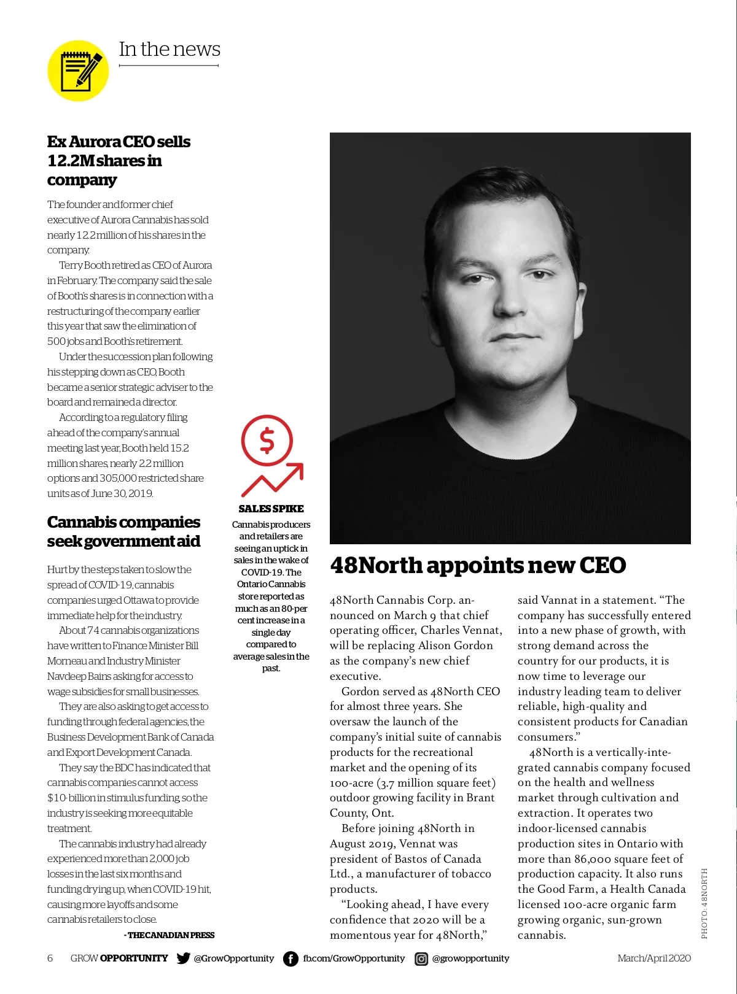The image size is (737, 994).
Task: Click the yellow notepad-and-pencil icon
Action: point(78,71)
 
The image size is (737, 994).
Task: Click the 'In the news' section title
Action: point(170,49)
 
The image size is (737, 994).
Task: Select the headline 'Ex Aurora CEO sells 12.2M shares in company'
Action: point(119,161)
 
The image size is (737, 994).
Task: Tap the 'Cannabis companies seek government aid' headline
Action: point(123,531)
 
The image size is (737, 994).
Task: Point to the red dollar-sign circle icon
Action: point(267,441)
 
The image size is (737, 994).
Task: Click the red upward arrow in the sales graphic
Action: point(273,479)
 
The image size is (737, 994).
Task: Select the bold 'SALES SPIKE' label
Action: point(271,509)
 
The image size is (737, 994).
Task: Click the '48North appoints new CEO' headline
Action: point(478,565)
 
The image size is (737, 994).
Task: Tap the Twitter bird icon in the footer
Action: point(183,958)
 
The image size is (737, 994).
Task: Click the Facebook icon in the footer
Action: point(291,958)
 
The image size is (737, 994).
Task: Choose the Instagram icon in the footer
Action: point(421,958)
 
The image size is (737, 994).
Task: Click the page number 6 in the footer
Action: point(50,958)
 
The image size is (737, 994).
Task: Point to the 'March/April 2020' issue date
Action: point(654,958)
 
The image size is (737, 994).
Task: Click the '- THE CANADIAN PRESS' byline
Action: point(170,935)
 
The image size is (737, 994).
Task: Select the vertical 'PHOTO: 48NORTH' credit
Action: point(704,903)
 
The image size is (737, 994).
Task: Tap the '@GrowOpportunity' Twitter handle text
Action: point(234,958)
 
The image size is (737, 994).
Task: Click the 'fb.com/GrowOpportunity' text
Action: point(354,958)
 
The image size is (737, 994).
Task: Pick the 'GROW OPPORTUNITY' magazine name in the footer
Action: point(119,958)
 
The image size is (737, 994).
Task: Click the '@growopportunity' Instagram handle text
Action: point(470,958)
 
